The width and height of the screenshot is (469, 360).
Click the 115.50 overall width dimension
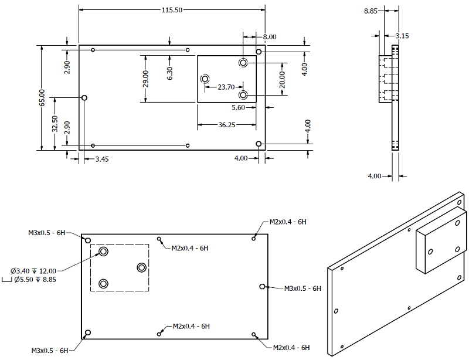point(172,10)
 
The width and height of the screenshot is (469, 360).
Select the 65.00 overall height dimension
point(42,97)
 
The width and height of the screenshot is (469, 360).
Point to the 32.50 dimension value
point(55,124)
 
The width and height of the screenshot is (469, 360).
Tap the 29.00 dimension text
point(145,79)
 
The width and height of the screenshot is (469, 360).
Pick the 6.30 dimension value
point(169,73)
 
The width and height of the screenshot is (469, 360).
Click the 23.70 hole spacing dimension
point(226,87)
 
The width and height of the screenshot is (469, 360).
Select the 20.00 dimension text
point(282,80)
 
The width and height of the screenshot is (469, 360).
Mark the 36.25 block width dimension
point(227,125)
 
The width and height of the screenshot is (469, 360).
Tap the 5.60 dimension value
point(239,107)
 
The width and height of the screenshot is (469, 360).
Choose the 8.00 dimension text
point(270,37)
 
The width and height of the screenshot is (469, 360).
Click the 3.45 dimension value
point(102,159)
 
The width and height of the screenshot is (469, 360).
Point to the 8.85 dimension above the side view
point(371,11)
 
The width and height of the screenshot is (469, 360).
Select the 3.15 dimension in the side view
point(402,36)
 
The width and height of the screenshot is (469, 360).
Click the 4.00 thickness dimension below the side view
point(375,176)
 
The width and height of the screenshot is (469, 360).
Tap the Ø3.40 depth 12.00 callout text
point(33,271)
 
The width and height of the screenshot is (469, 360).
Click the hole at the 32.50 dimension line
point(84,97)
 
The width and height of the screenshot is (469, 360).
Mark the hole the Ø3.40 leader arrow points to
point(104,252)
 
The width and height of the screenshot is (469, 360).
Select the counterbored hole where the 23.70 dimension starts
point(205,79)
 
